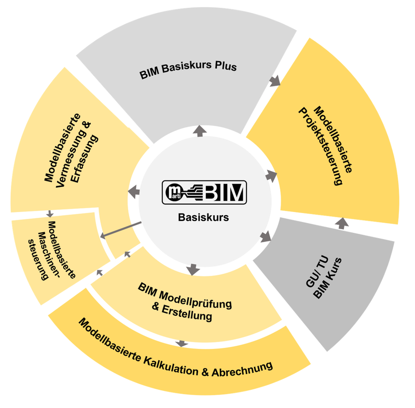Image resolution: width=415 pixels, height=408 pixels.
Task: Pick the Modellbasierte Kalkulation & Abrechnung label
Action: coord(175,352)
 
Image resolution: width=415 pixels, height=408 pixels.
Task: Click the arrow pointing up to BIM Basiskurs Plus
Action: coord(199,131)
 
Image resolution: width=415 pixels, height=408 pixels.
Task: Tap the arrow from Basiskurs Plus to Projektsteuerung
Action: coord(274,81)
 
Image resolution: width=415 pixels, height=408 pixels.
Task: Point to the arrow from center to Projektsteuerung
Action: coord(271,176)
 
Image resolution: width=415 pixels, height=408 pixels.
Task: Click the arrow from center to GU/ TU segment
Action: coord(266,237)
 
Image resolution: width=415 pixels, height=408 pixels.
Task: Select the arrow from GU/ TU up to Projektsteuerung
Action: coord(342,223)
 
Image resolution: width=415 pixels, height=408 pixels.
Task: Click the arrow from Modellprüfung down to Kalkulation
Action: coord(181,343)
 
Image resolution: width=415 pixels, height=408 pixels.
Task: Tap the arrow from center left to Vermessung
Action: coord(134,191)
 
